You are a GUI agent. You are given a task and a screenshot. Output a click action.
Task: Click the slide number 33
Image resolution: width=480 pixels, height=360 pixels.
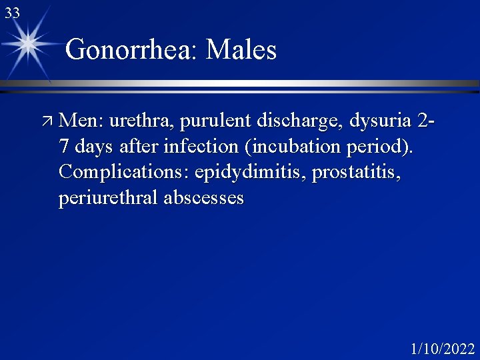coord(12,13)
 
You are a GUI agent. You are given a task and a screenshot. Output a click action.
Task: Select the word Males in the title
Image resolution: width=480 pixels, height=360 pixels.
coord(241,50)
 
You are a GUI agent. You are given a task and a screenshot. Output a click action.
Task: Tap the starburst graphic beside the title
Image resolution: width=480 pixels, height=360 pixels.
coord(29,43)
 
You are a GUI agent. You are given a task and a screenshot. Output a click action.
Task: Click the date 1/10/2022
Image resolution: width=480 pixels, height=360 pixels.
coord(442,348)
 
